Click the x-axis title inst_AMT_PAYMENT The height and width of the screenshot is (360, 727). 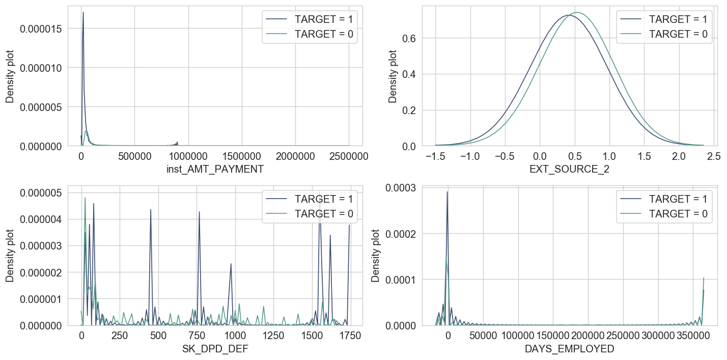click(x=214, y=170)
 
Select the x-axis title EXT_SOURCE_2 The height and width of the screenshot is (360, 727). click(x=570, y=170)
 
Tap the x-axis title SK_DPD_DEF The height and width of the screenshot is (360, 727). click(x=214, y=349)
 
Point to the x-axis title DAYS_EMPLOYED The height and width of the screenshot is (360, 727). click(x=570, y=349)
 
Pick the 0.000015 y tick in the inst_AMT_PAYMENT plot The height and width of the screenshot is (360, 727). click(x=41, y=29)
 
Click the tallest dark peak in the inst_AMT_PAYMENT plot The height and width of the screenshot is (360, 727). click(x=83, y=13)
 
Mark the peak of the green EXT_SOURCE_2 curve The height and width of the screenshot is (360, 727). click(x=578, y=12)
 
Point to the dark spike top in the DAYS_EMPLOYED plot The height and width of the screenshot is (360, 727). click(x=448, y=192)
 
